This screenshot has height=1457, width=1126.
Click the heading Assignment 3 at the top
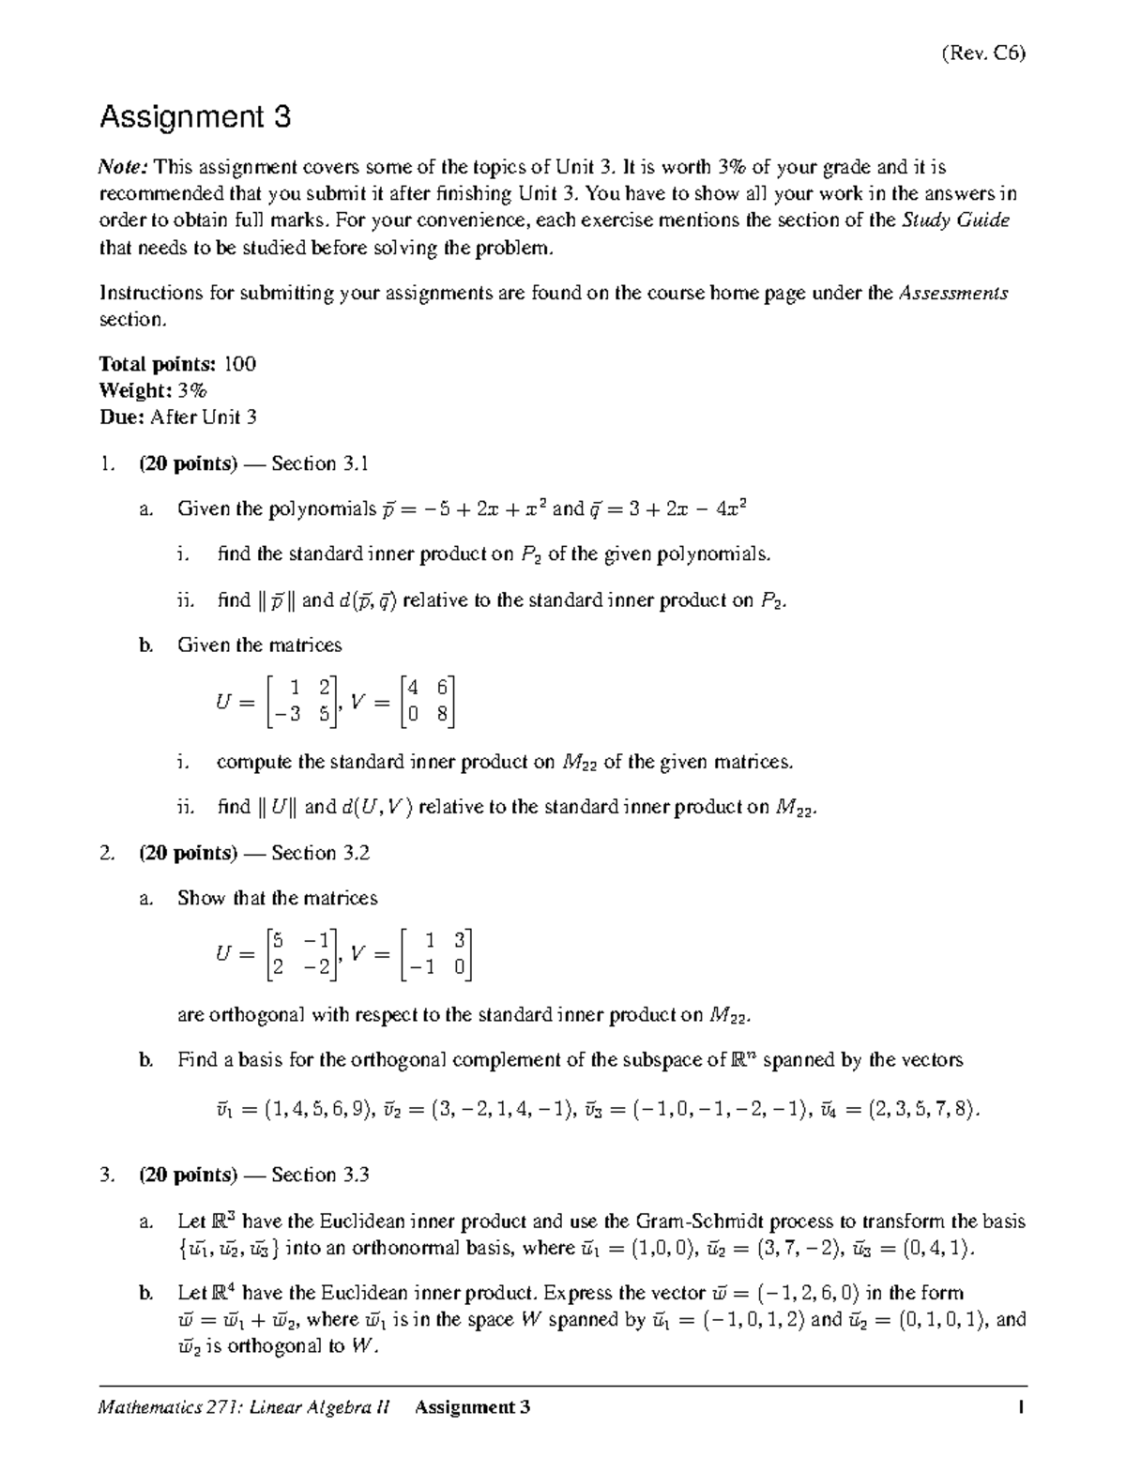point(195,117)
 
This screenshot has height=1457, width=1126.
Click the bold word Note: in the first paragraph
point(124,168)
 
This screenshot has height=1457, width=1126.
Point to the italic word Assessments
point(953,293)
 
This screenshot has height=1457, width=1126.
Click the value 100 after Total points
point(239,364)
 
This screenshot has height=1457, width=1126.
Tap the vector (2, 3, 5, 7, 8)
point(911,1111)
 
